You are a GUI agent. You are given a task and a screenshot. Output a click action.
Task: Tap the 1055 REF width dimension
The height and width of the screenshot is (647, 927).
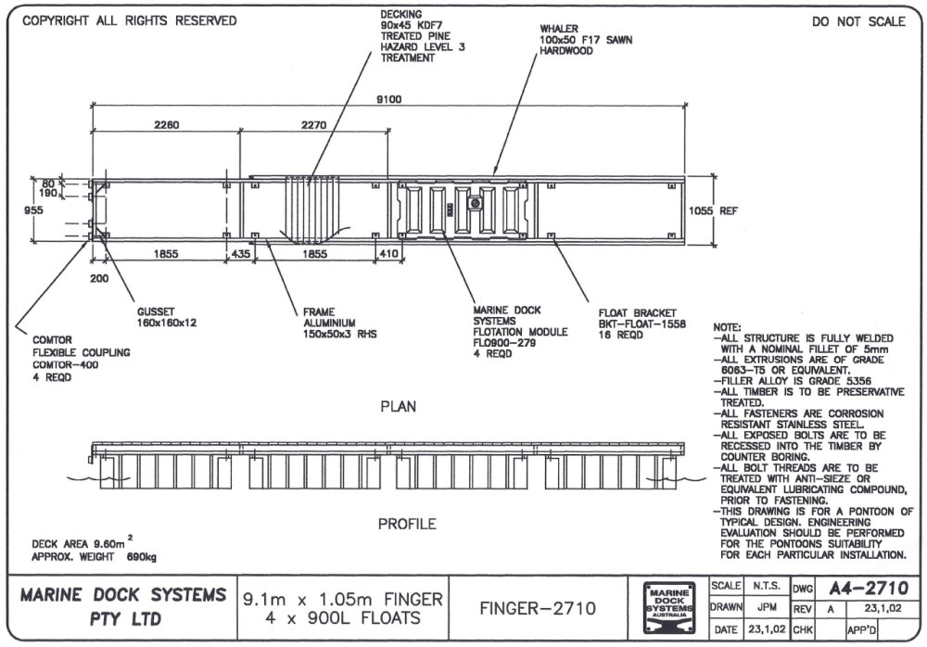(x=713, y=210)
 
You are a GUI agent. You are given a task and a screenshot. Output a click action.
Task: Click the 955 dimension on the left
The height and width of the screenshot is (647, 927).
(x=33, y=210)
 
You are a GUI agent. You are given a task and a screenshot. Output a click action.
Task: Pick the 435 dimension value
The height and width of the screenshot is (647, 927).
(x=241, y=253)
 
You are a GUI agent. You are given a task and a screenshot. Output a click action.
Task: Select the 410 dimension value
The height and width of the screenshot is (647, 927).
(x=388, y=253)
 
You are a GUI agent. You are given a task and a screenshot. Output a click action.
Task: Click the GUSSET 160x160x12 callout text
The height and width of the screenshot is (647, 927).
(x=166, y=317)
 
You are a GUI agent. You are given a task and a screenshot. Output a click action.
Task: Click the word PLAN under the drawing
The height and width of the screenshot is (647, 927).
(x=399, y=406)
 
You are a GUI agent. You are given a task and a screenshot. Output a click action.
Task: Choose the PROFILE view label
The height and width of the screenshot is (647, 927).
(x=406, y=524)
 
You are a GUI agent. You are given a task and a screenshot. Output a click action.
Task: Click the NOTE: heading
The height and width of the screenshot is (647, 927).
(x=727, y=328)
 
